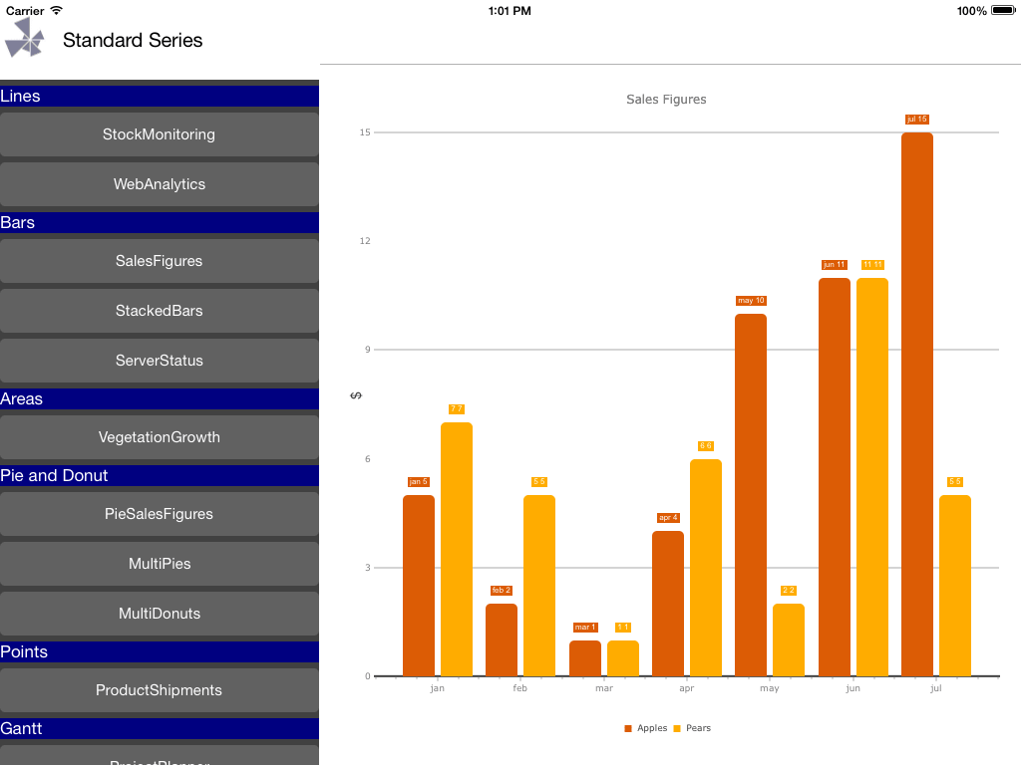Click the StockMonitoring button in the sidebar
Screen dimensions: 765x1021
tap(159, 134)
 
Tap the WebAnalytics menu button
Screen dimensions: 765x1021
tap(159, 184)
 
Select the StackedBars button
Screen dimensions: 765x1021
tap(159, 311)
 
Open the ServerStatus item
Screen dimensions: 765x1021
tap(159, 361)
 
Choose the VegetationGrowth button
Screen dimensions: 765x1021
tap(159, 437)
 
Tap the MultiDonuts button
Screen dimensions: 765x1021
tap(159, 614)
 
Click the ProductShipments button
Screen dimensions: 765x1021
tap(159, 690)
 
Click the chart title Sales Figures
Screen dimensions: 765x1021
tap(666, 100)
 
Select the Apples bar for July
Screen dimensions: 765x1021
tap(916, 403)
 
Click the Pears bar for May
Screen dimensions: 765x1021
tap(789, 639)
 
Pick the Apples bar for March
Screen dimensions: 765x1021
tap(585, 658)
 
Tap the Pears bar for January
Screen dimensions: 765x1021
tap(457, 549)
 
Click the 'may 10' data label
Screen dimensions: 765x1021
tap(751, 301)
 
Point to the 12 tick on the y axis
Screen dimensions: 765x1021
tap(365, 241)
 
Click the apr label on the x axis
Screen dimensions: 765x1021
tap(686, 688)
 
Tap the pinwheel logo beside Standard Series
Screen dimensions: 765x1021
tap(25, 39)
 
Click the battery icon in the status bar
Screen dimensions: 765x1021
tap(1002, 11)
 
